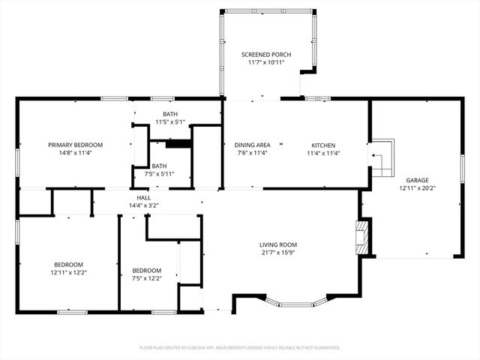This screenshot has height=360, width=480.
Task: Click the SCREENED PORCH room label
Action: (265, 55)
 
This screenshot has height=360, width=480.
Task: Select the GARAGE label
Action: (417, 180)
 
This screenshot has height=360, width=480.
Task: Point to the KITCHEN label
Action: (323, 145)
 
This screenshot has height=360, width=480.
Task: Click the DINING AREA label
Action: (252, 145)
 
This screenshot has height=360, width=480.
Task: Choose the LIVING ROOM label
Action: (278, 244)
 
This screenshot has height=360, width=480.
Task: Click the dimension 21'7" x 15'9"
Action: (278, 253)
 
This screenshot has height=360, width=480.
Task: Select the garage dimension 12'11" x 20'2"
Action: (417, 188)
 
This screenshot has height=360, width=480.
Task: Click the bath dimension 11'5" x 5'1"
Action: (169, 121)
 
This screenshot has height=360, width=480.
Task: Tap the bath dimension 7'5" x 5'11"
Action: (159, 174)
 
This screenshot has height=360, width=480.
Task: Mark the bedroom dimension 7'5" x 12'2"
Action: (146, 279)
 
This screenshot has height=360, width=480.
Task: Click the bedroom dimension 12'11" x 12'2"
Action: (67, 272)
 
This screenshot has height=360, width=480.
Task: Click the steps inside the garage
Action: (382, 157)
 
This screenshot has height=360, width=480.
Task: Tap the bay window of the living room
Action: (298, 303)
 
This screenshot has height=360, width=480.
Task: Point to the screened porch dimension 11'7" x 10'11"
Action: (265, 63)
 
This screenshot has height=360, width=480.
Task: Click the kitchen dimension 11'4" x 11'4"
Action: (323, 153)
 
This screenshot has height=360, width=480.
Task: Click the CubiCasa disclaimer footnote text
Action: (240, 348)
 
